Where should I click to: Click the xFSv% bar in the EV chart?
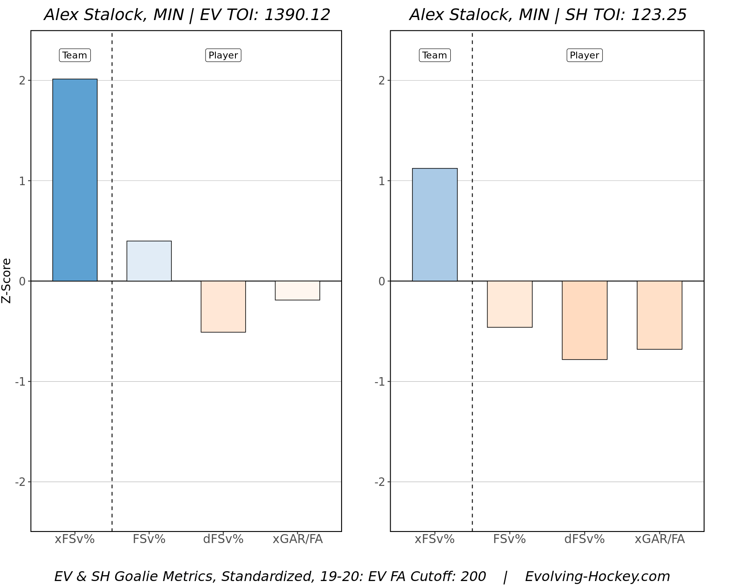coord(75,180)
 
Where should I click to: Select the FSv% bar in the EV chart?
coord(149,261)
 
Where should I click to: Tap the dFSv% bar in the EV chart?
coord(223,306)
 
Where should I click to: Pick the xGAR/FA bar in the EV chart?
coord(297,291)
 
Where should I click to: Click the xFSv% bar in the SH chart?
coord(435,225)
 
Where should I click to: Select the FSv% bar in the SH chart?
coord(510,304)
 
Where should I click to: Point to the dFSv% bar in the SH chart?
coord(584,320)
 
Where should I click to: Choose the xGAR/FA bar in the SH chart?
coord(659,315)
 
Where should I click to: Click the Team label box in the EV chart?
coord(75,55)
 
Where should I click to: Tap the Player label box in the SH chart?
coord(584,55)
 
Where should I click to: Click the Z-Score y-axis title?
coord(6,281)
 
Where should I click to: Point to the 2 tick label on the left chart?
coord(22,81)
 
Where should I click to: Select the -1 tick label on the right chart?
coord(380,382)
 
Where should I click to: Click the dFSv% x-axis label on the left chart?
coord(223,539)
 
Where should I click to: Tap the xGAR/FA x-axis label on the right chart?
coord(659,539)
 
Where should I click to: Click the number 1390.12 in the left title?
coord(297,15)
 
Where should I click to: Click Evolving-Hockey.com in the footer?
coord(597,576)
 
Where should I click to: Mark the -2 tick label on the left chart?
coord(20,482)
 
